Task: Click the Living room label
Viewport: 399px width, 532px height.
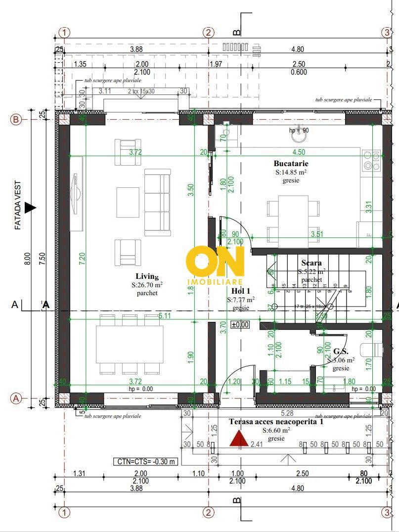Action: pos(147,276)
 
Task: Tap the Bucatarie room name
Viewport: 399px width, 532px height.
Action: pos(291,163)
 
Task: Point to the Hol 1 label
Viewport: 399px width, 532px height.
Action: pos(241,291)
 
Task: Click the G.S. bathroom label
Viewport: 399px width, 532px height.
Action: pos(341,352)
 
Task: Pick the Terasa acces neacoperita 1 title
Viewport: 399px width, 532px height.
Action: pos(276,422)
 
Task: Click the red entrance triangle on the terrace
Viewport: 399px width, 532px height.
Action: pos(238,439)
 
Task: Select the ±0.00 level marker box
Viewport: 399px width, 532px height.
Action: pos(240,325)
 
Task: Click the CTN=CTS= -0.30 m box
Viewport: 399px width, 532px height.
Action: pos(146,462)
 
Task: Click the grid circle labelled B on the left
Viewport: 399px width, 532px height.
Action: pos(16,120)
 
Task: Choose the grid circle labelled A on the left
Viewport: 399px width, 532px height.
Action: pos(16,398)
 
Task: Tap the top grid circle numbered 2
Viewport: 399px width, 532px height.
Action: pos(209,32)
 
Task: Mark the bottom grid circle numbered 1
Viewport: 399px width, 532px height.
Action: pos(64,511)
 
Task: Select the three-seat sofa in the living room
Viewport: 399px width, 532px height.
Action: pos(157,202)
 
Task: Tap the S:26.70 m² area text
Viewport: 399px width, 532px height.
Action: pos(147,285)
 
